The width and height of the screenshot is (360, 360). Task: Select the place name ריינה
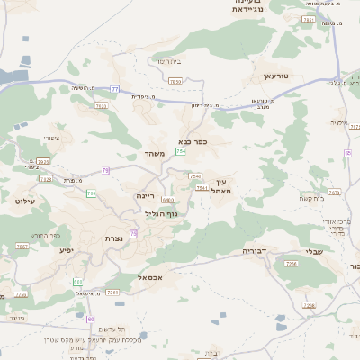pos(146,195)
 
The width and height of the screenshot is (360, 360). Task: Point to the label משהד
pos(155,154)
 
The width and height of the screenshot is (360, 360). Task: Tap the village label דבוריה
pos(256,251)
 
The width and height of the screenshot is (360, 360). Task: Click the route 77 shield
pos(114,88)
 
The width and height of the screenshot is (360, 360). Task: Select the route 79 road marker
pos(106,170)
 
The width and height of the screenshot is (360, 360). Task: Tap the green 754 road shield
pos(181,151)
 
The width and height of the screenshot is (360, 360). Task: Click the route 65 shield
pos(346,153)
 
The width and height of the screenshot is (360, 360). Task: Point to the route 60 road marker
pos(90,319)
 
